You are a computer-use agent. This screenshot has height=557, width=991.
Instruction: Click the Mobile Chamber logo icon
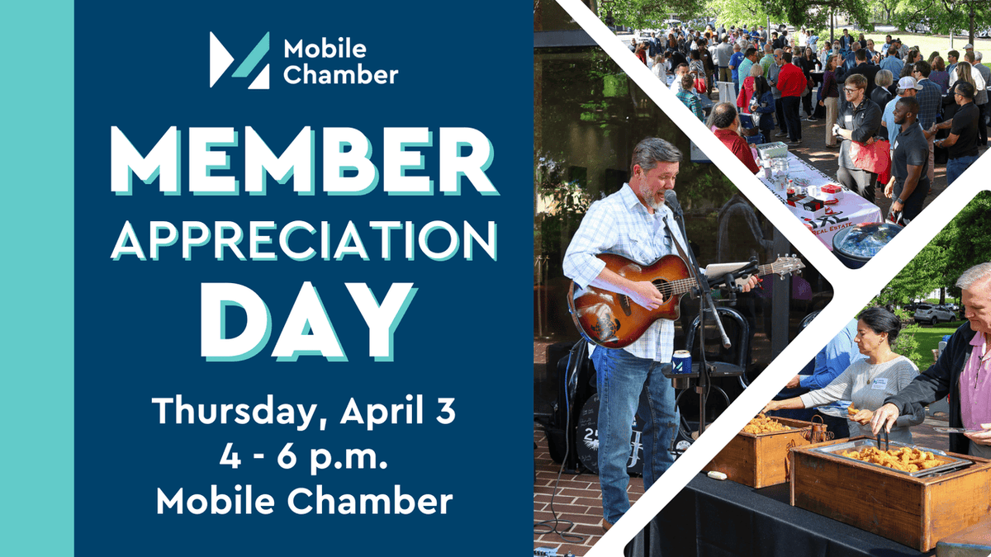239,60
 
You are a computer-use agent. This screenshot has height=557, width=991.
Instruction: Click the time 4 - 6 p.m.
304,456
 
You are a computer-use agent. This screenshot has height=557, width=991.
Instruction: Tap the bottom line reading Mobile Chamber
304,501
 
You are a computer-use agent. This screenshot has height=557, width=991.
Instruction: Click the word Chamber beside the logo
340,76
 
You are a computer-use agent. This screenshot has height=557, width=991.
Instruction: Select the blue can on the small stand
682,361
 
